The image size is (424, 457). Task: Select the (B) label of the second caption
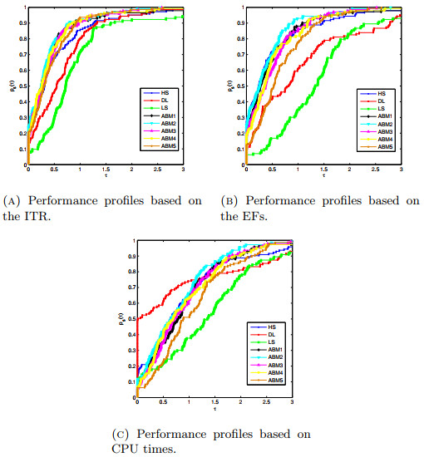coord(231,199)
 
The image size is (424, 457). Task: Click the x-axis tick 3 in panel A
coord(183,170)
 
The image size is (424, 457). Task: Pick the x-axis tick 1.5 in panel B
coord(323,170)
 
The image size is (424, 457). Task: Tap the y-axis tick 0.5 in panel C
coord(130,317)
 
